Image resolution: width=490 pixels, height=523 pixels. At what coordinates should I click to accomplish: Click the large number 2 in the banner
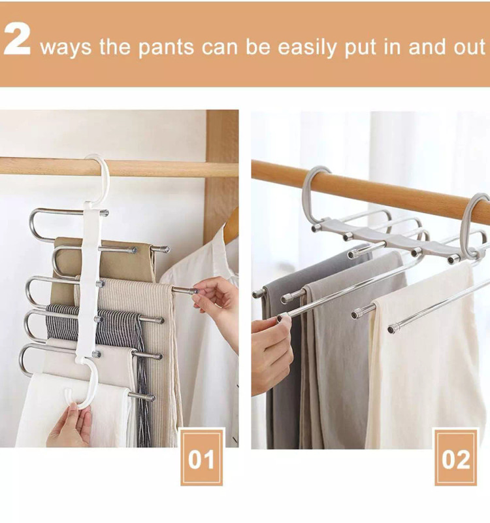click(x=17, y=39)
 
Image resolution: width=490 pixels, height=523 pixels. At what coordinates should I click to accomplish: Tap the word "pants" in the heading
click(x=166, y=47)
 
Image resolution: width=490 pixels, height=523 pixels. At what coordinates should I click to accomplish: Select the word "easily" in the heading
click(x=307, y=47)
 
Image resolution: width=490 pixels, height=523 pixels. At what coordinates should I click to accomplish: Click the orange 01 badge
click(x=202, y=457)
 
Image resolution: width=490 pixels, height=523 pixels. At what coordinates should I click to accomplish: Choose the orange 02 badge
click(x=455, y=457)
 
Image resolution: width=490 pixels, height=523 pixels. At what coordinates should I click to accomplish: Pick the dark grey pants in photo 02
click(x=284, y=350)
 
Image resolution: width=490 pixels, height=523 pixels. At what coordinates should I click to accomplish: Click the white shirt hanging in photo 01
click(x=203, y=333)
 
